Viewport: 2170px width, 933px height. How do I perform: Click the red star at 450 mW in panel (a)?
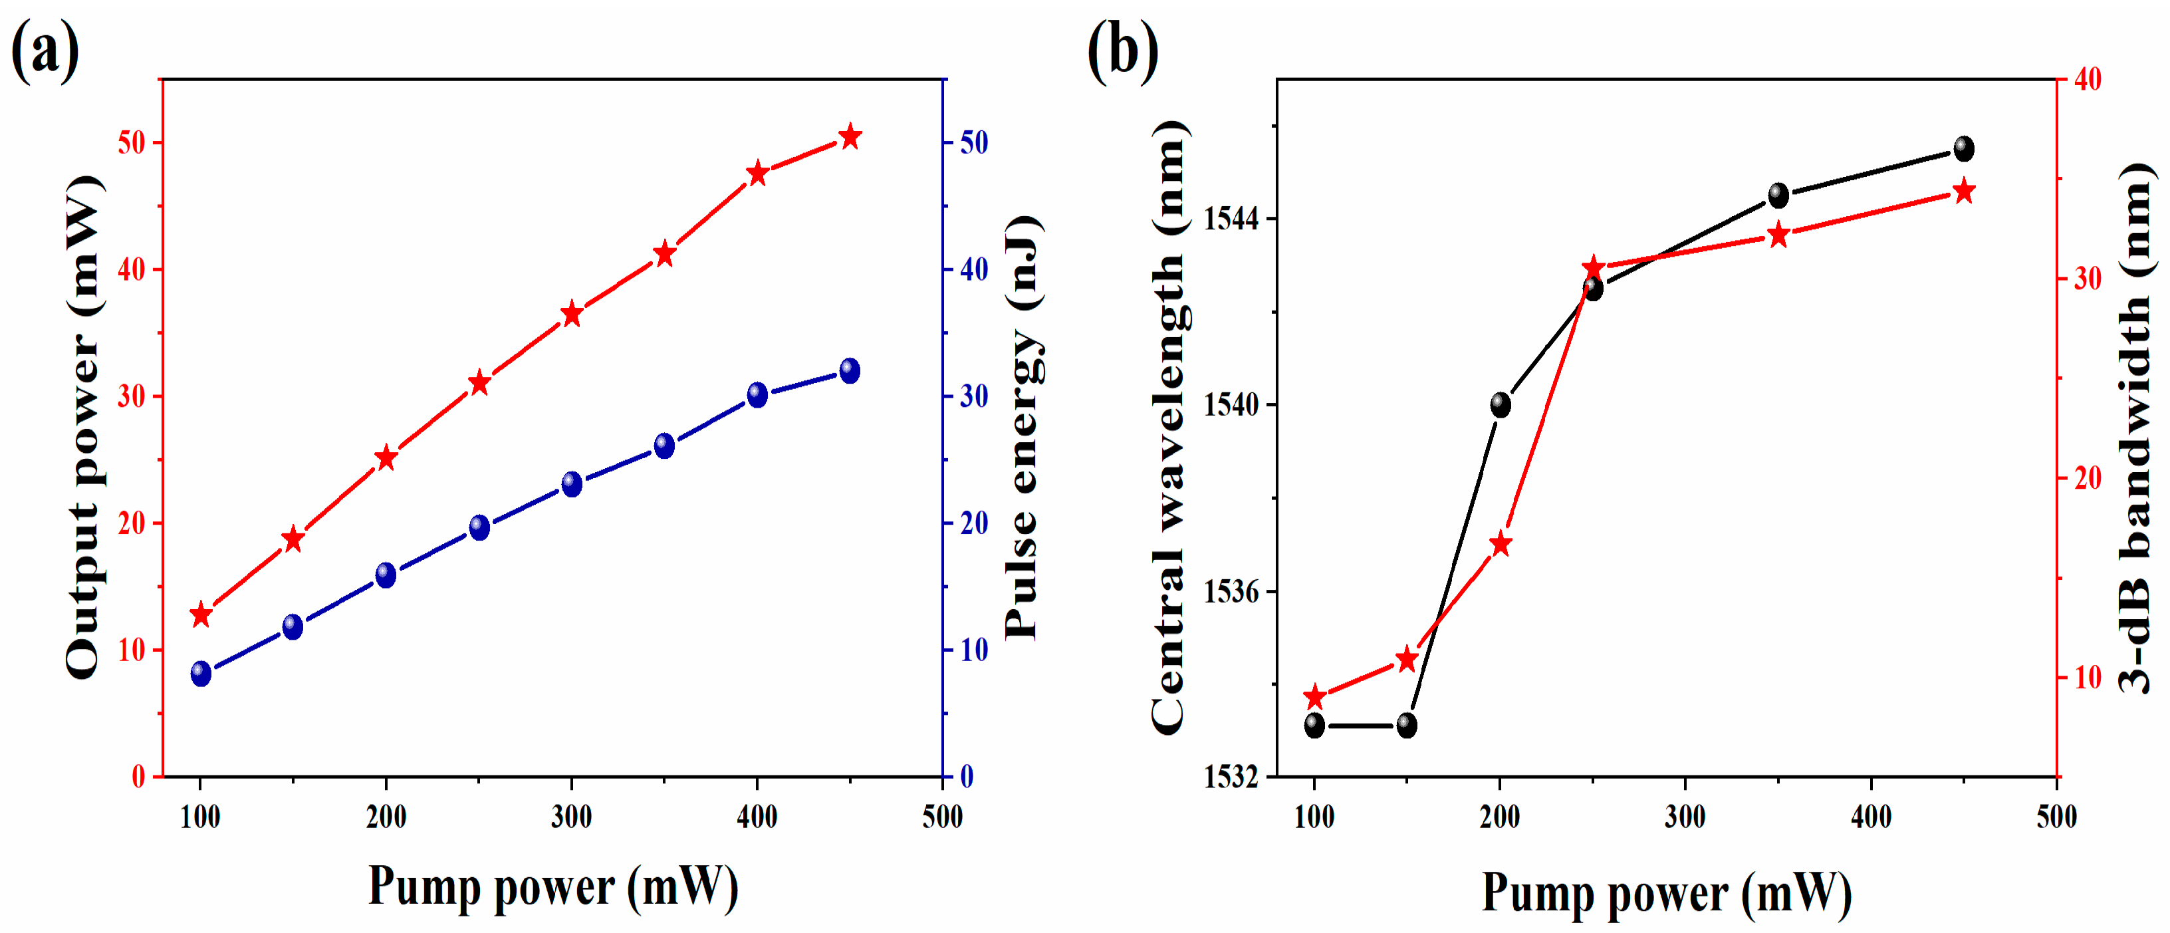pyautogui.click(x=850, y=136)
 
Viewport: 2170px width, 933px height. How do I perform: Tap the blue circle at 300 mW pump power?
pyautogui.click(x=572, y=483)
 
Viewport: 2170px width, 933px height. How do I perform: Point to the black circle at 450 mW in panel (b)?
pyautogui.click(x=1964, y=149)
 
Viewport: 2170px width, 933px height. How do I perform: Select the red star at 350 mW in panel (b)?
pyautogui.click(x=1778, y=235)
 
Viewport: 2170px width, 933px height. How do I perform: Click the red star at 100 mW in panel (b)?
pyautogui.click(x=1315, y=697)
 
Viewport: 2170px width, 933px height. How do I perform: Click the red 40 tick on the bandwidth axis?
pyautogui.click(x=2088, y=80)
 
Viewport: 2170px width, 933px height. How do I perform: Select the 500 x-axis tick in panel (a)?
pyautogui.click(x=942, y=816)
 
